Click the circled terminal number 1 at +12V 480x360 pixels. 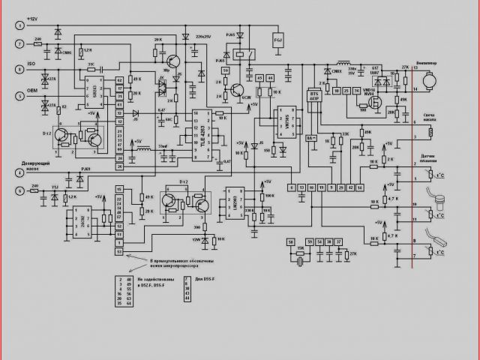[x=19, y=23]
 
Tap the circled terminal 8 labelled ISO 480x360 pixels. [x=19, y=69]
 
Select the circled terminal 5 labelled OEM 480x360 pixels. [x=19, y=93]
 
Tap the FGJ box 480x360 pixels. [x=277, y=39]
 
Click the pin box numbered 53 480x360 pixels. [x=118, y=251]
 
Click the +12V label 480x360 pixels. [x=32, y=17]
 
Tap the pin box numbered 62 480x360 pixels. [x=118, y=80]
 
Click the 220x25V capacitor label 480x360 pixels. [x=205, y=35]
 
